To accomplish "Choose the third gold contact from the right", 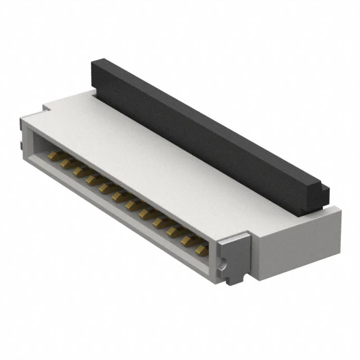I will tap(174, 229).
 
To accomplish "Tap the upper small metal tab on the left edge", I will tap(20, 129).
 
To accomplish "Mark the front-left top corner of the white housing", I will tap(23, 118).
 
